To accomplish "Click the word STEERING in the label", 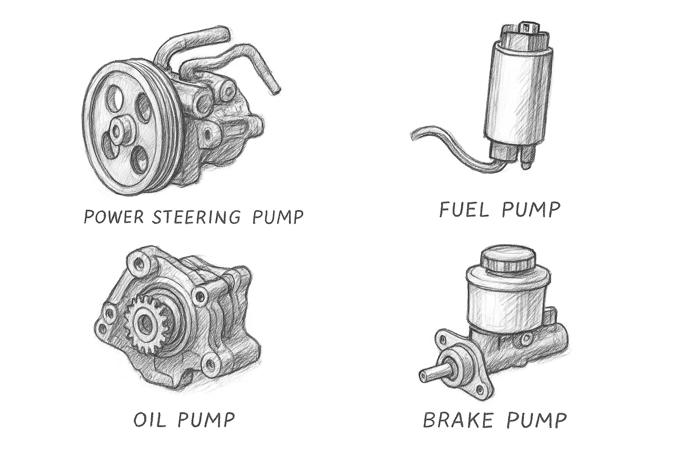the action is pyautogui.click(x=196, y=216).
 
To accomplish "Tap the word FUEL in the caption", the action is pyautogui.click(x=464, y=209).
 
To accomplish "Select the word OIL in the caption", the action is pyautogui.click(x=150, y=420).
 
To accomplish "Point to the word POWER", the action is pyautogui.click(x=113, y=216).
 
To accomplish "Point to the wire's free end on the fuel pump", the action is pyautogui.click(x=414, y=135).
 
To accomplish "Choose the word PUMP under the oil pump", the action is pyautogui.click(x=206, y=420).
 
